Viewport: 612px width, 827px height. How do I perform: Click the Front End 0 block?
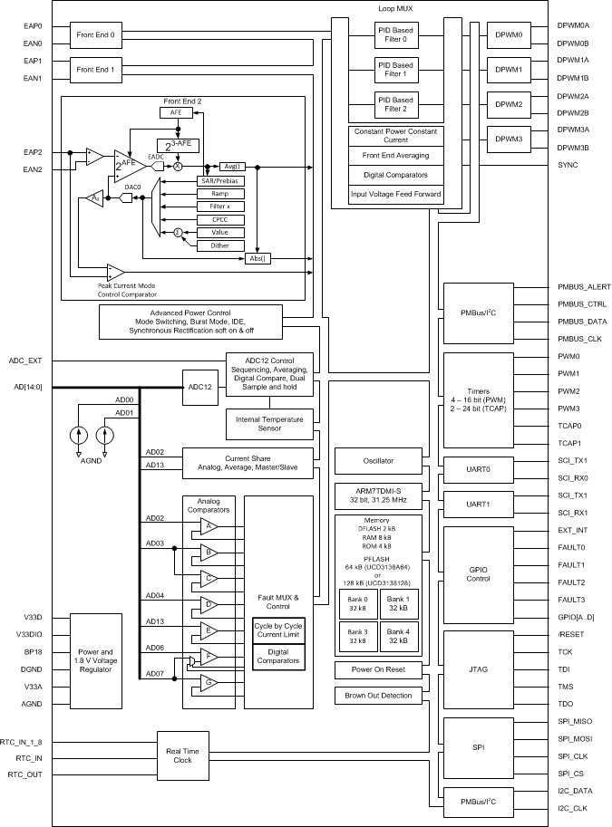95,34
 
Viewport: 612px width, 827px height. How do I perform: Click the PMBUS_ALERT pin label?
584,286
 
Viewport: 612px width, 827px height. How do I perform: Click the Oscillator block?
377,460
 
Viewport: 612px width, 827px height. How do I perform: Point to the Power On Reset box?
377,670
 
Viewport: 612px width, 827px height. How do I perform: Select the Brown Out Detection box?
377,696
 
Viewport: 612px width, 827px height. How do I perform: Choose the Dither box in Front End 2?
220,245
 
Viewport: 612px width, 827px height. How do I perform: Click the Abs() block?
258,258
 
